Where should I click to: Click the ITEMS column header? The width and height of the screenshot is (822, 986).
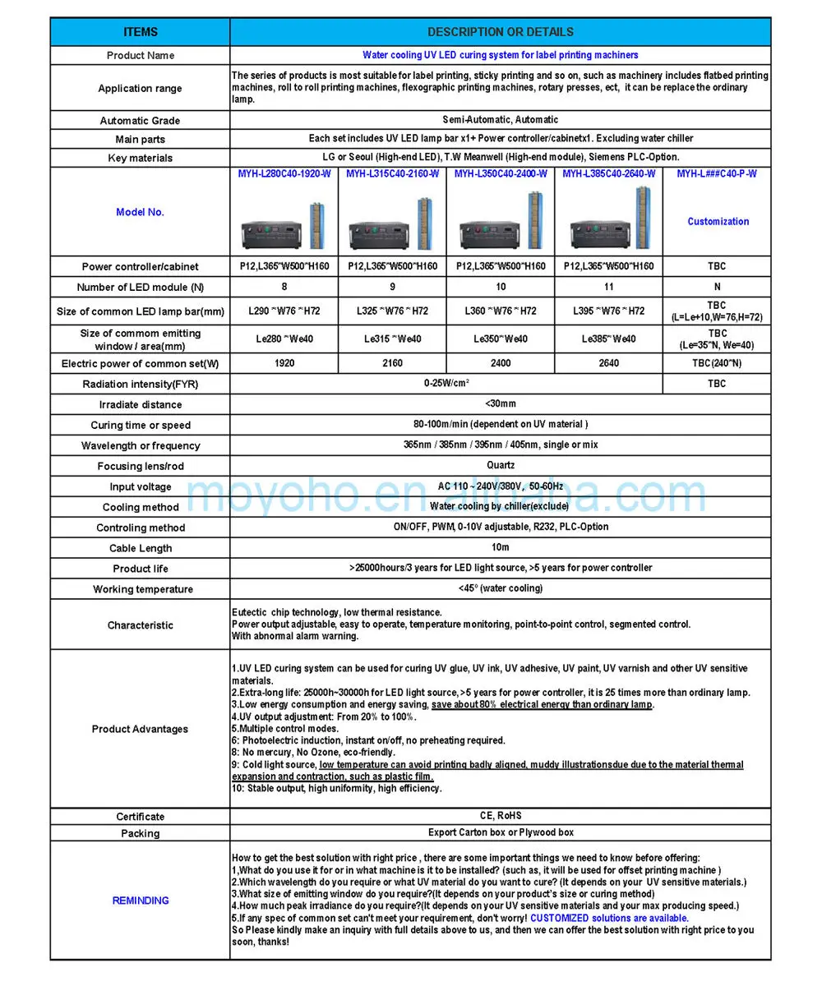tap(140, 32)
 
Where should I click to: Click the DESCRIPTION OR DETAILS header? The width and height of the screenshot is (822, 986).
tap(500, 32)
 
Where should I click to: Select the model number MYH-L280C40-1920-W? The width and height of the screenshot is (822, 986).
tap(284, 173)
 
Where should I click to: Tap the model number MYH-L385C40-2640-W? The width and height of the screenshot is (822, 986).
tap(608, 173)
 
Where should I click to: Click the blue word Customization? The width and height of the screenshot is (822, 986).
tap(718, 221)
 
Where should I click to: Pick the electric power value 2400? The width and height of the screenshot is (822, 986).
tap(501, 363)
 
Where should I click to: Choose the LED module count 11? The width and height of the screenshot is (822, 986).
tap(608, 287)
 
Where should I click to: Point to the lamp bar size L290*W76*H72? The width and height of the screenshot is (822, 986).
tap(284, 311)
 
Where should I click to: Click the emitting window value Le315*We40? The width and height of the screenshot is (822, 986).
tap(392, 339)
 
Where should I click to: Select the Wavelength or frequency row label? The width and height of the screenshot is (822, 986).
tap(140, 446)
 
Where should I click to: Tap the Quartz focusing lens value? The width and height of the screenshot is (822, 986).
tap(500, 465)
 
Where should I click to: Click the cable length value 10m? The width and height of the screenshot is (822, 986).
tap(500, 547)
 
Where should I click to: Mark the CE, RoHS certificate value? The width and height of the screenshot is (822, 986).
tap(500, 816)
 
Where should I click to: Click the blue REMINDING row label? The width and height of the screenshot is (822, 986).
tap(140, 901)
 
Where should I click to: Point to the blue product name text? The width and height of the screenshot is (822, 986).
tap(500, 55)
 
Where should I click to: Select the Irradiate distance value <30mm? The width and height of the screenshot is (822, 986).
tap(500, 403)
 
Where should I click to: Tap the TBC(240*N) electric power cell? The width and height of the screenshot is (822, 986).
tap(717, 363)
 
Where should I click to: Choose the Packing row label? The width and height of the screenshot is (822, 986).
tap(140, 833)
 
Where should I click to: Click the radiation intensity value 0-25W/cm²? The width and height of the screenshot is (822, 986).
tap(446, 383)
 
